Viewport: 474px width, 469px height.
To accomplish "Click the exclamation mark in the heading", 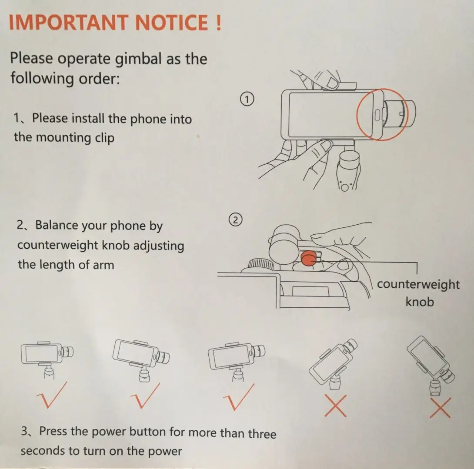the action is (x=219, y=23).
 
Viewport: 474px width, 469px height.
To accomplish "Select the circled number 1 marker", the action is (x=247, y=100).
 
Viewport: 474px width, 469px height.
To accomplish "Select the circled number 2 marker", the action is (x=236, y=220).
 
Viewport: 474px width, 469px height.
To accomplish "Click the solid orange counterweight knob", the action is (x=309, y=259).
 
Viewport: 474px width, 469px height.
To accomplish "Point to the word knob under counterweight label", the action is (x=420, y=301).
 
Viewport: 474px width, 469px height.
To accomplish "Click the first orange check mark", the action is (x=50, y=399).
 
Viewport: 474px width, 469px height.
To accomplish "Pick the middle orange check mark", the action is (x=144, y=399).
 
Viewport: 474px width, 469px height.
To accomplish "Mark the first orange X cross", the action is (x=336, y=406).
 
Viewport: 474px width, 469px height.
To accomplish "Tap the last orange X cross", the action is (x=440, y=408).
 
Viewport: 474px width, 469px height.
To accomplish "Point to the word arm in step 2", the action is (x=103, y=265).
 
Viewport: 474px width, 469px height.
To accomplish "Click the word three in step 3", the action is (x=262, y=433).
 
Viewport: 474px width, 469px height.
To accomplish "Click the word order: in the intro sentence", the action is (x=99, y=79).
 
